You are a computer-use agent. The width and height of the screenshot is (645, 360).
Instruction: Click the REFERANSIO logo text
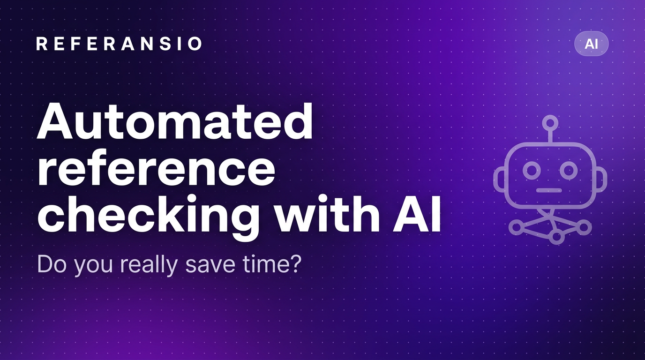point(119,44)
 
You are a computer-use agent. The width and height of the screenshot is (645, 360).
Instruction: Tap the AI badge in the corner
point(592,44)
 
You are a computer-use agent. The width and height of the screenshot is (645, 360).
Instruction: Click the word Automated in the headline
point(175,121)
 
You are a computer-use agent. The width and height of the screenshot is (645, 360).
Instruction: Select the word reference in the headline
point(156,168)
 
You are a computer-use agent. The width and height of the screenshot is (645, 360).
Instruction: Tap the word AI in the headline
point(417,213)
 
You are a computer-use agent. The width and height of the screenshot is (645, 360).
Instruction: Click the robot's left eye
point(532,170)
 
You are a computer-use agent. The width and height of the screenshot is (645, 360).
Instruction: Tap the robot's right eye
point(569,170)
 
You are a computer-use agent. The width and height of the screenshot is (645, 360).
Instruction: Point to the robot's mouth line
point(549,190)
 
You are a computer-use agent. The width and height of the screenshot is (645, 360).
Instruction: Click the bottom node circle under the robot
point(556,237)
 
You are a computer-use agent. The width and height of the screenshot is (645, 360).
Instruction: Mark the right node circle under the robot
point(584,227)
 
